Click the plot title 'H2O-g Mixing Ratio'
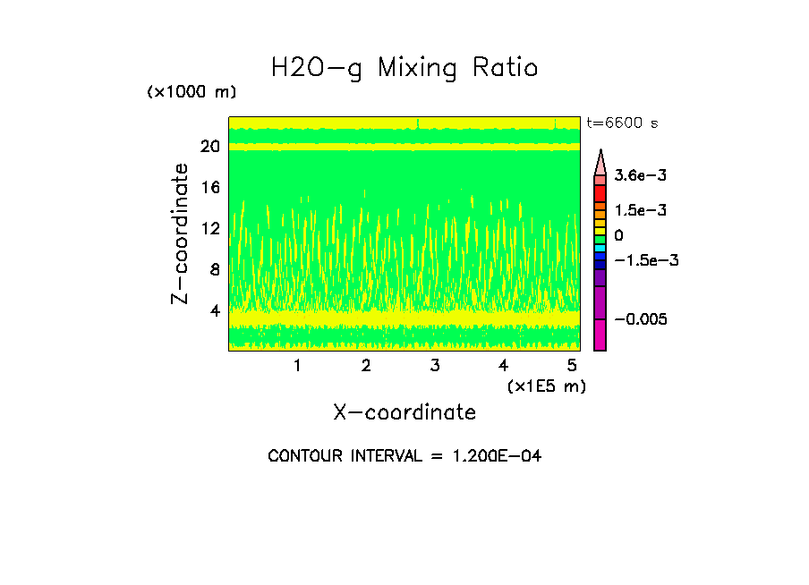click(x=404, y=68)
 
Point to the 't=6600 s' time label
click(x=621, y=123)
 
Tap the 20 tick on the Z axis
click(x=210, y=147)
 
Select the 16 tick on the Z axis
click(x=210, y=188)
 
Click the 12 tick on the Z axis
click(x=210, y=229)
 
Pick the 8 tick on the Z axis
click(x=214, y=270)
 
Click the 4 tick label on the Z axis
click(x=214, y=311)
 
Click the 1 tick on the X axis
click(x=297, y=365)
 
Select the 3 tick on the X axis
click(x=435, y=365)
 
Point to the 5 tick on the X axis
click(x=573, y=365)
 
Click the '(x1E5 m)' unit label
click(x=546, y=386)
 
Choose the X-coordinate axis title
click(x=404, y=412)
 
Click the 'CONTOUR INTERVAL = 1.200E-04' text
click(x=404, y=456)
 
